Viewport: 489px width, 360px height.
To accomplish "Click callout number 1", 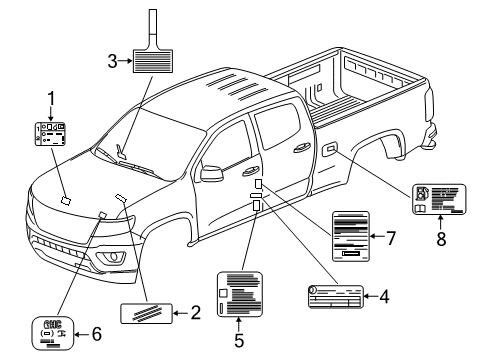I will pyautogui.click(x=53, y=97).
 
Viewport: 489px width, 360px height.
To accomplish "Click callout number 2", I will pyautogui.click(x=196, y=314).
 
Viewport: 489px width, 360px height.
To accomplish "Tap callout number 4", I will pyautogui.click(x=383, y=295).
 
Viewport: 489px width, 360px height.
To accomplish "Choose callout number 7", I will pyautogui.click(x=393, y=237).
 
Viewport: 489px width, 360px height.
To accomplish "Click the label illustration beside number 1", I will pyautogui.click(x=53, y=134).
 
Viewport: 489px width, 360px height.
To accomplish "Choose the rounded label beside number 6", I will pyautogui.click(x=52, y=334).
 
